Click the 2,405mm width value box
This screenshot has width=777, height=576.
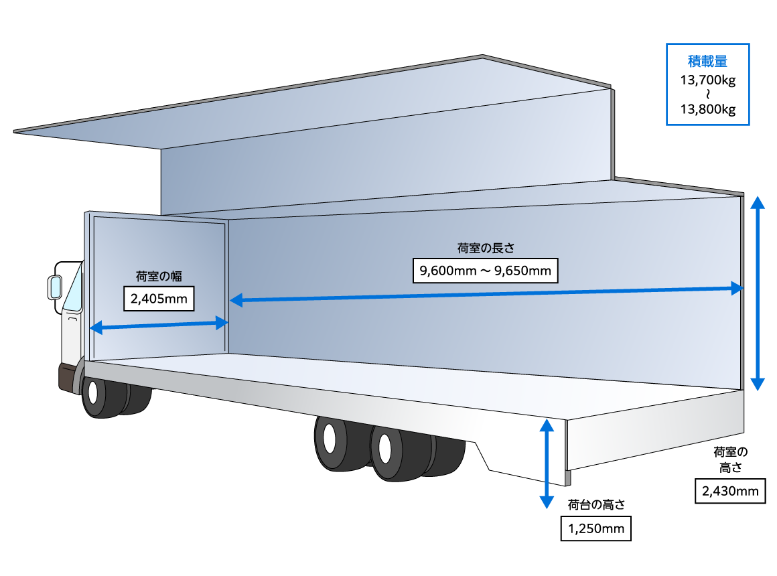(x=159, y=299)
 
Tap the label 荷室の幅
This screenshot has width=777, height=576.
(x=159, y=276)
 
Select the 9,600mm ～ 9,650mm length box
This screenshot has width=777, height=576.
(x=486, y=271)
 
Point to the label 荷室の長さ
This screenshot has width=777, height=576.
(x=486, y=248)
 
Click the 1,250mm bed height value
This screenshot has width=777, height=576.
(x=596, y=529)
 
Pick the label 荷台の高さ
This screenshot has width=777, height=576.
(x=596, y=505)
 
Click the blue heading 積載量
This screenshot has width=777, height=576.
(x=707, y=62)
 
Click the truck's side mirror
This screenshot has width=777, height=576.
(x=54, y=287)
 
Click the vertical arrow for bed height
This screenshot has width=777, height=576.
(x=547, y=463)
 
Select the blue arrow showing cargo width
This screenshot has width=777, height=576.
(x=159, y=326)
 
